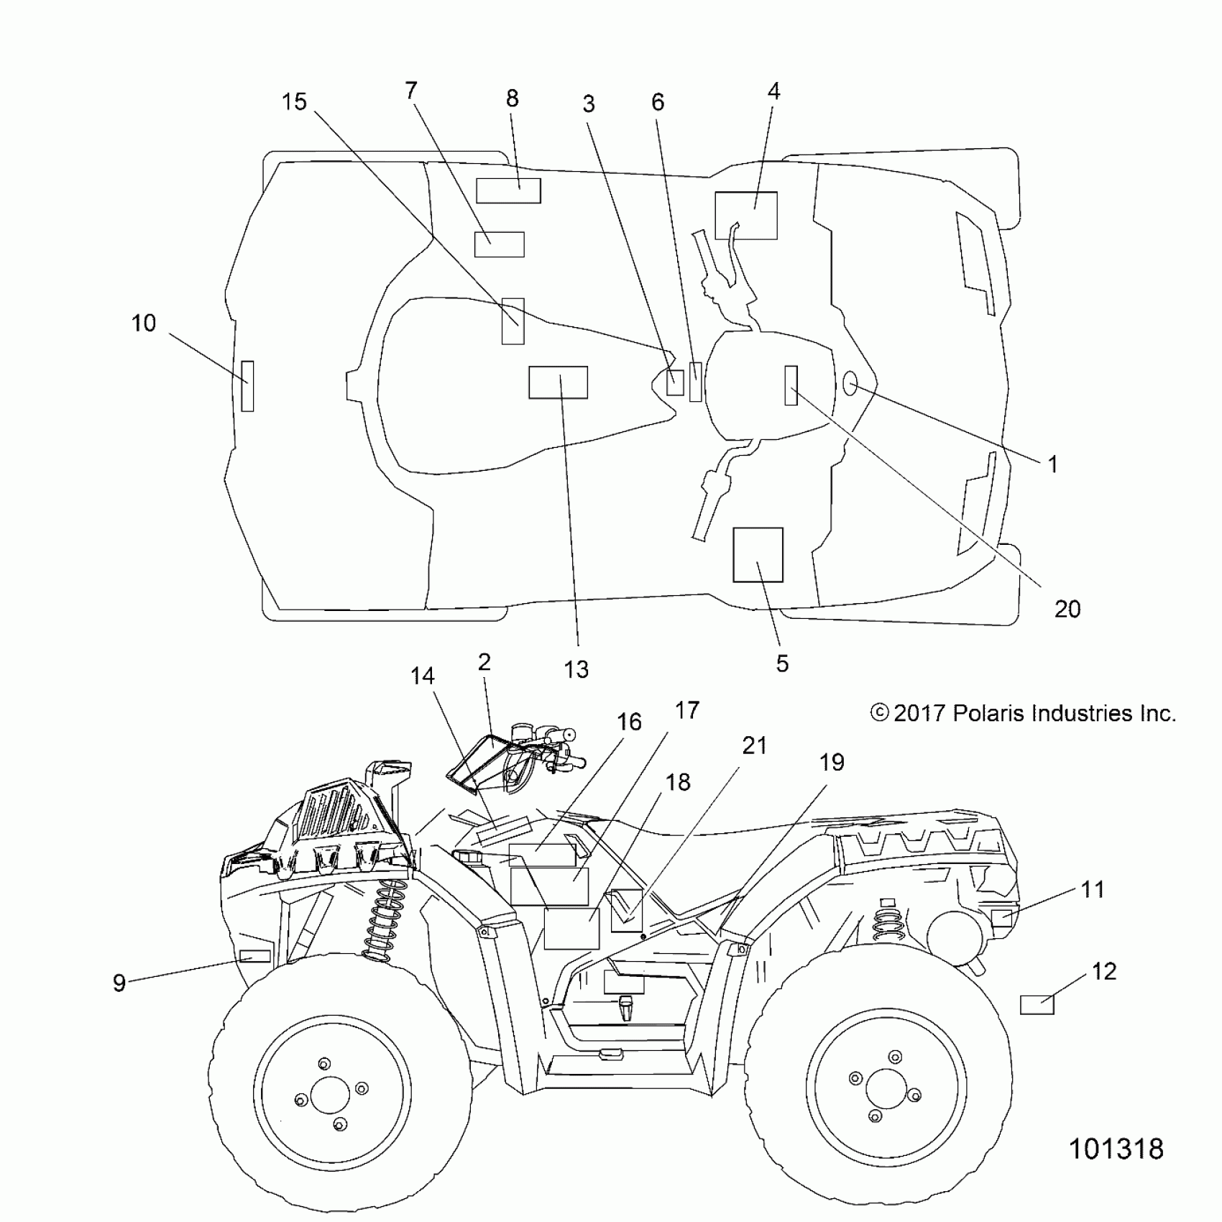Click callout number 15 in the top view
pos(294,102)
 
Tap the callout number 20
pos(1067,609)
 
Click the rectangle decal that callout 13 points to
pos(558,382)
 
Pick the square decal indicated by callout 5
pos(758,555)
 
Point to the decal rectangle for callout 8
pos(508,190)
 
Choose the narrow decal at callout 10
pos(247,385)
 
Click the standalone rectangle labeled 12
pos(1037,1003)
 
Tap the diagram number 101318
pos(1116,1169)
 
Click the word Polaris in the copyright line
pos(988,713)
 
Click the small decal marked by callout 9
pos(254,956)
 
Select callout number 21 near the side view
pos(754,745)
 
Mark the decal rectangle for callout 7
pos(499,244)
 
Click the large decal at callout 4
pos(746,215)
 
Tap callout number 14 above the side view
pos(423,676)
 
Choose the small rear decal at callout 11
pos(1001,918)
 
